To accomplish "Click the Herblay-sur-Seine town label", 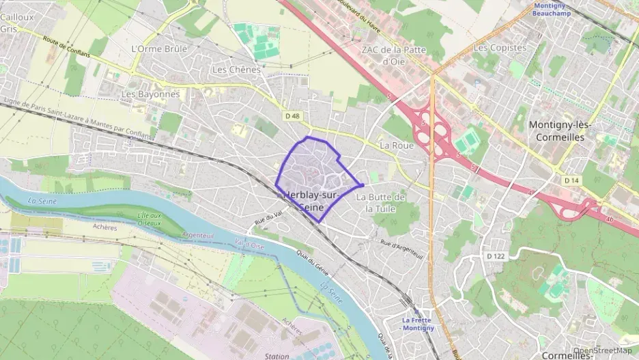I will pos(315,199).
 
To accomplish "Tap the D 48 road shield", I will pos(292,116).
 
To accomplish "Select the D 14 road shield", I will pos(571,180).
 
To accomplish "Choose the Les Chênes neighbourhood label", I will pos(229,70).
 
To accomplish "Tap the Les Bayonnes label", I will pos(150,94).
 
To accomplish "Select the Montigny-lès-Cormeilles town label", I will pos(559,131).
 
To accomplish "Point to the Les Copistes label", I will pos(500,48).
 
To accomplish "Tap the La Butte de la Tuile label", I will pos(381,203).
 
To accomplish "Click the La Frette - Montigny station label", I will pos(418,324).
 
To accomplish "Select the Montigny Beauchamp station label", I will pos(551,9).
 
